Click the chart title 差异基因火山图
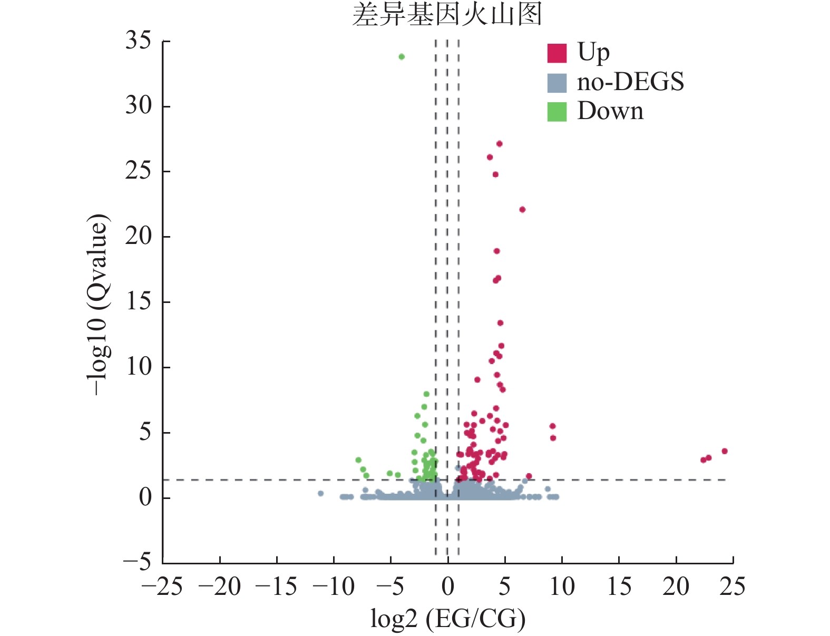pos(447,14)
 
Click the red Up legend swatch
pos(556,53)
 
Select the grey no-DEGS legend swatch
pos(556,82)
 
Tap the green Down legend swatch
pos(556,111)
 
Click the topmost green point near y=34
pos(402,57)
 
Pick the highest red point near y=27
pos(499,144)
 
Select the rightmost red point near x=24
pos(725,451)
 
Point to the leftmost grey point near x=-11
pos(320,494)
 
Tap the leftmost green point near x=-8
pos(358,460)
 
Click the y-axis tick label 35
pos(138,41)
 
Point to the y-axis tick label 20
pos(138,237)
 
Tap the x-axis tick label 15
pos(619,586)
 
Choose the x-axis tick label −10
pos(333,586)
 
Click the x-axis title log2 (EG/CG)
pos(448,619)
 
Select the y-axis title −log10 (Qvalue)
pos(99,305)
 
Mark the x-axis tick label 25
pos(733,586)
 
